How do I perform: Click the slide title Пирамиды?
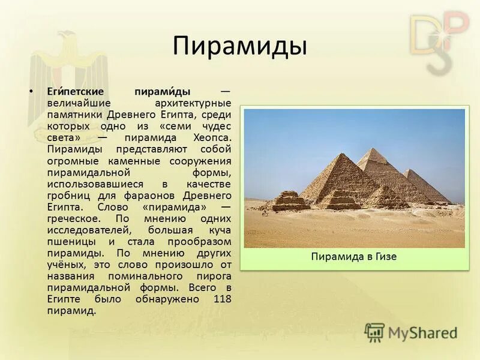[x=240, y=46]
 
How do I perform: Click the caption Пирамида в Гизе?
[x=354, y=257]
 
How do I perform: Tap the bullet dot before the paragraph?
[x=31, y=92]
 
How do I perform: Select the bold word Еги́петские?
[x=76, y=92]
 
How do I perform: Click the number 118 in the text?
[x=222, y=299]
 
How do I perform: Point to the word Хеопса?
[x=210, y=137]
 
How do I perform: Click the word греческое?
[x=75, y=218]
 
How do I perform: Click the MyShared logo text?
[x=422, y=333]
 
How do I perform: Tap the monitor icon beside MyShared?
[x=375, y=332]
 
